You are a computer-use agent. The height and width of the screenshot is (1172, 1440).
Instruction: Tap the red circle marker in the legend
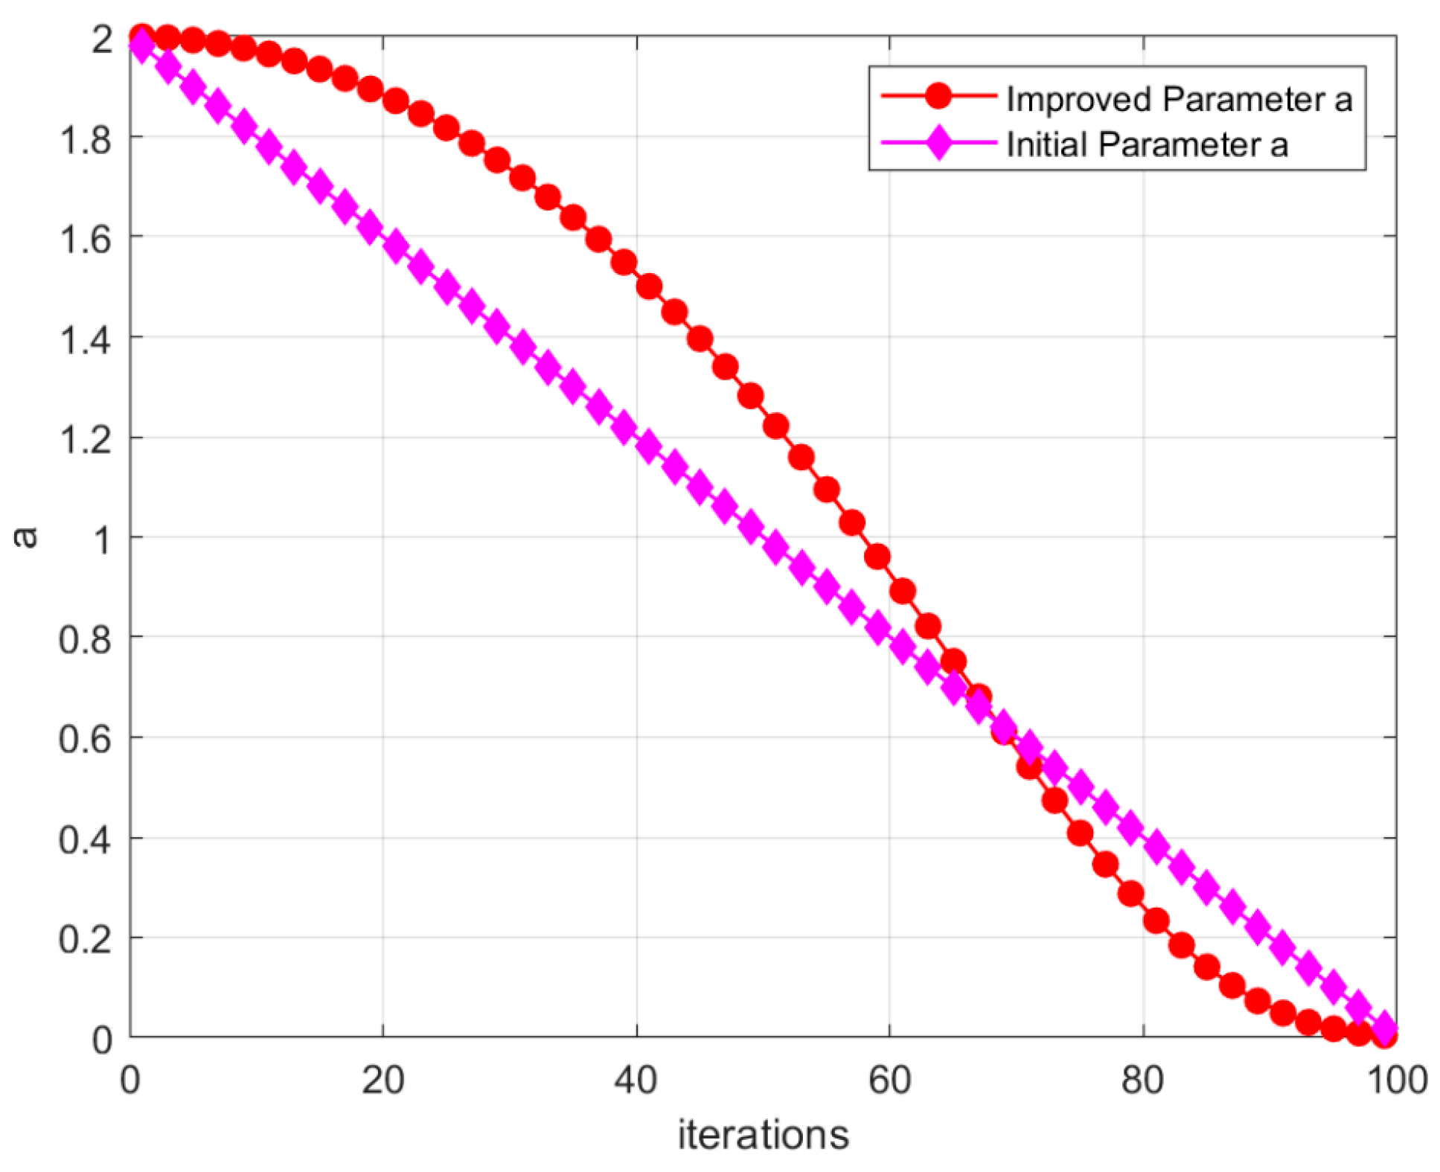tap(938, 95)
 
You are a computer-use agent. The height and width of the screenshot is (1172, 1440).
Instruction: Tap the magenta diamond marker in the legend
tap(938, 142)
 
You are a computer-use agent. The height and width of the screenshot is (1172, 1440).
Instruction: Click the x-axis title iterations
tap(763, 1135)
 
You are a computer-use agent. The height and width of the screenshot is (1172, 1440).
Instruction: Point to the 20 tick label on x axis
tap(383, 1080)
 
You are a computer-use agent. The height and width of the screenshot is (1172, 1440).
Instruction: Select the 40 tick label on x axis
tap(636, 1080)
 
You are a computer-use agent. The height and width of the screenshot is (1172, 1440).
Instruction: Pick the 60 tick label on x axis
tap(889, 1080)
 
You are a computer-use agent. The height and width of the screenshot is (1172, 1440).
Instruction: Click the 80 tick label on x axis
tap(1142, 1080)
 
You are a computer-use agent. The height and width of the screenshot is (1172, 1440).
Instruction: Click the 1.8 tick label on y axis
tap(86, 139)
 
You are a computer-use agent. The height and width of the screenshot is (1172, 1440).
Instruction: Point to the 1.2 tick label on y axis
tap(86, 439)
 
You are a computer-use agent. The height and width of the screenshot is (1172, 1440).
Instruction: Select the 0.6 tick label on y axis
tap(86, 739)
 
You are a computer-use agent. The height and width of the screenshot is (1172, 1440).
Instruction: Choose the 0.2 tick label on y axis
tap(86, 939)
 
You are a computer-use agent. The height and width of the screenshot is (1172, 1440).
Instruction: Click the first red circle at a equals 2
tap(141, 36)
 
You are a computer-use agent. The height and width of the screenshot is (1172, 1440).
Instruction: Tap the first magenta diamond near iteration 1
tap(141, 46)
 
